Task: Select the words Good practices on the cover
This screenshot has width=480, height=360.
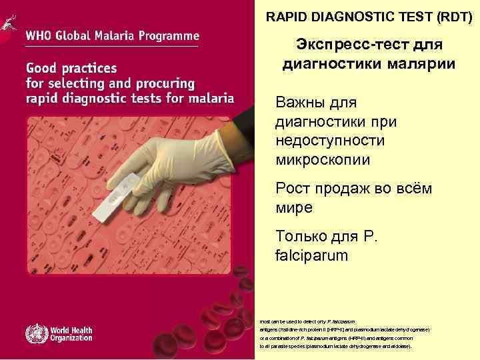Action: tap(71, 69)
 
